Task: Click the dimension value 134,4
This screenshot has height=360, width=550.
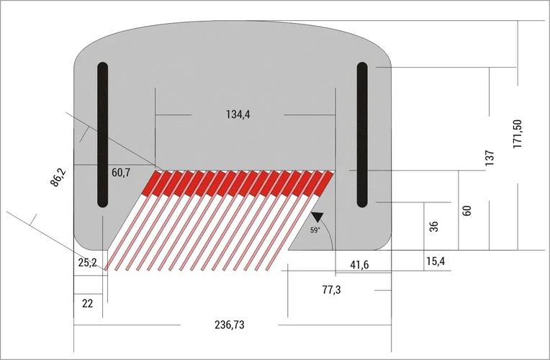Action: (238, 114)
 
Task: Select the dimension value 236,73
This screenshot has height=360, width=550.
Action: (230, 325)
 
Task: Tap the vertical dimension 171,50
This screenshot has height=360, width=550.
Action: (517, 134)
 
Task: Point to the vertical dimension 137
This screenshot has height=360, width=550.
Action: (490, 158)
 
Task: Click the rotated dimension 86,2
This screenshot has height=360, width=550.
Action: (58, 177)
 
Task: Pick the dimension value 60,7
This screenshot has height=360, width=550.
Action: (121, 173)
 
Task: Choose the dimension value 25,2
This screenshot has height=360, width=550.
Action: (87, 263)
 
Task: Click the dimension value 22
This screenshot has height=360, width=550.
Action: (87, 304)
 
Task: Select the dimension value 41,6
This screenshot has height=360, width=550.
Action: (359, 266)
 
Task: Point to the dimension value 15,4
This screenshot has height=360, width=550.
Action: (436, 261)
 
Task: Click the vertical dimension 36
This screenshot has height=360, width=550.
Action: (433, 226)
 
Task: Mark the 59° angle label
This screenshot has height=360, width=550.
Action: (315, 230)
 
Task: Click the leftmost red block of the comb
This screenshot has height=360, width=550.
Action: (152, 184)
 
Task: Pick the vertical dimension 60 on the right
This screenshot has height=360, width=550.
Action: (466, 211)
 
